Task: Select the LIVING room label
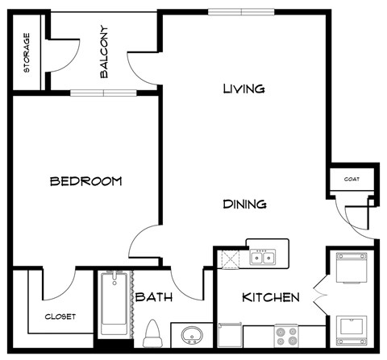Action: point(243,89)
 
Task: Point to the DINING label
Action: point(244,205)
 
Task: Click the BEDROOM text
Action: point(85,181)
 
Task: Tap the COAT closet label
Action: point(352,180)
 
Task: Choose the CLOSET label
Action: point(60,317)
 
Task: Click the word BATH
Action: point(152,297)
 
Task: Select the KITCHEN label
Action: point(271,297)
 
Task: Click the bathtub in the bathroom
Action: point(114,306)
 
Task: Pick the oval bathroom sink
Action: point(191,334)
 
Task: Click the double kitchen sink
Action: point(261,258)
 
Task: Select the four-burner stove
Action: point(286,334)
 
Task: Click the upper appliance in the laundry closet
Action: point(351,268)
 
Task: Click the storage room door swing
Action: point(64,52)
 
